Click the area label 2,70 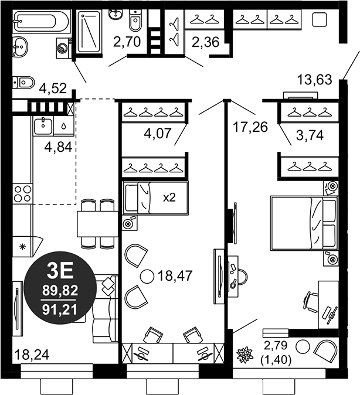126,42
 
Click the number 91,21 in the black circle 59,307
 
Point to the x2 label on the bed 169,197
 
